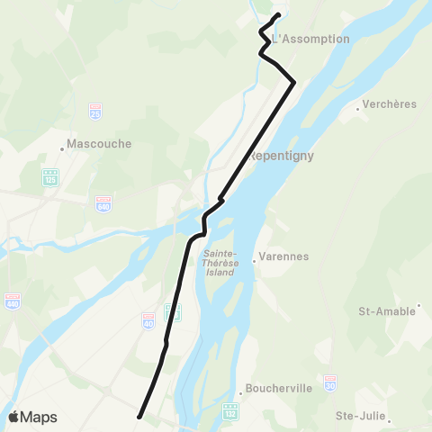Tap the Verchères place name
(x=391, y=104)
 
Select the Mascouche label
(x=100, y=144)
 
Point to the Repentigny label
(x=279, y=154)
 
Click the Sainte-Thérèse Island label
(x=219, y=263)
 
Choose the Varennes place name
(x=283, y=256)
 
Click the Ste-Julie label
(x=359, y=416)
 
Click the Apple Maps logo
(x=31, y=417)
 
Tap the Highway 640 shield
(x=104, y=203)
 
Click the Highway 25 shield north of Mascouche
(x=95, y=112)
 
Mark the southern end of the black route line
(x=139, y=417)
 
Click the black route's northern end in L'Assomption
(x=277, y=15)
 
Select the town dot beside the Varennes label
(x=255, y=256)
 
